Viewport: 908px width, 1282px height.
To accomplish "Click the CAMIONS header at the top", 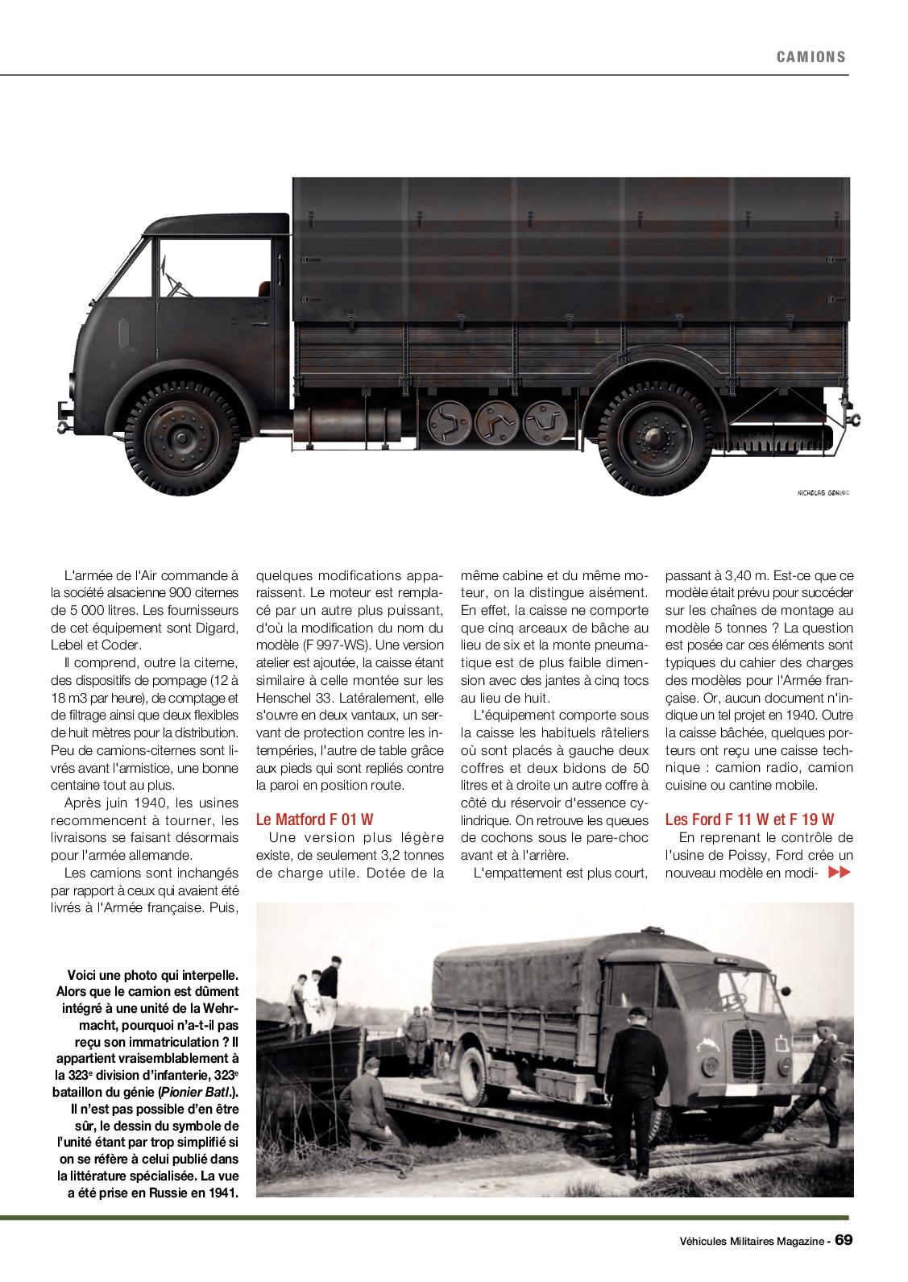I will tap(811, 56).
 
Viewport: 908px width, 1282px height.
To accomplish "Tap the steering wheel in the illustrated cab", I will tap(172, 283).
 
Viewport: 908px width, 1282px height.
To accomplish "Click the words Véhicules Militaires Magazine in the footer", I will tap(745, 1241).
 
